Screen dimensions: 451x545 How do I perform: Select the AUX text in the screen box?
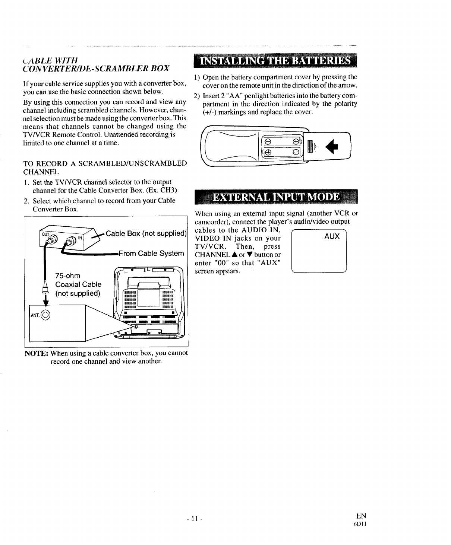[x=332, y=236]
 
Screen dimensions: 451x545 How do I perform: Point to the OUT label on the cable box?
[x=45, y=234]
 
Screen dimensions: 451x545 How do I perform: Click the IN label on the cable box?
[x=79, y=237]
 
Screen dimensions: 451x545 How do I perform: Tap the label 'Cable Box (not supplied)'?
[x=146, y=234]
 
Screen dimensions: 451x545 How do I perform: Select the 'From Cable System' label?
[x=151, y=254]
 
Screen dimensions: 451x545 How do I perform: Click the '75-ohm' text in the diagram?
[x=67, y=275]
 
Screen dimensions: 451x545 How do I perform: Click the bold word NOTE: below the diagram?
[x=36, y=353]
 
